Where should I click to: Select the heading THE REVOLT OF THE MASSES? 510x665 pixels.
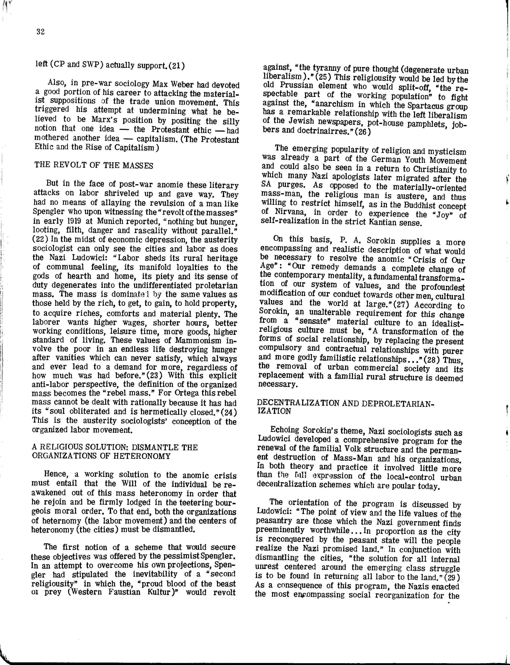coord(94,165)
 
